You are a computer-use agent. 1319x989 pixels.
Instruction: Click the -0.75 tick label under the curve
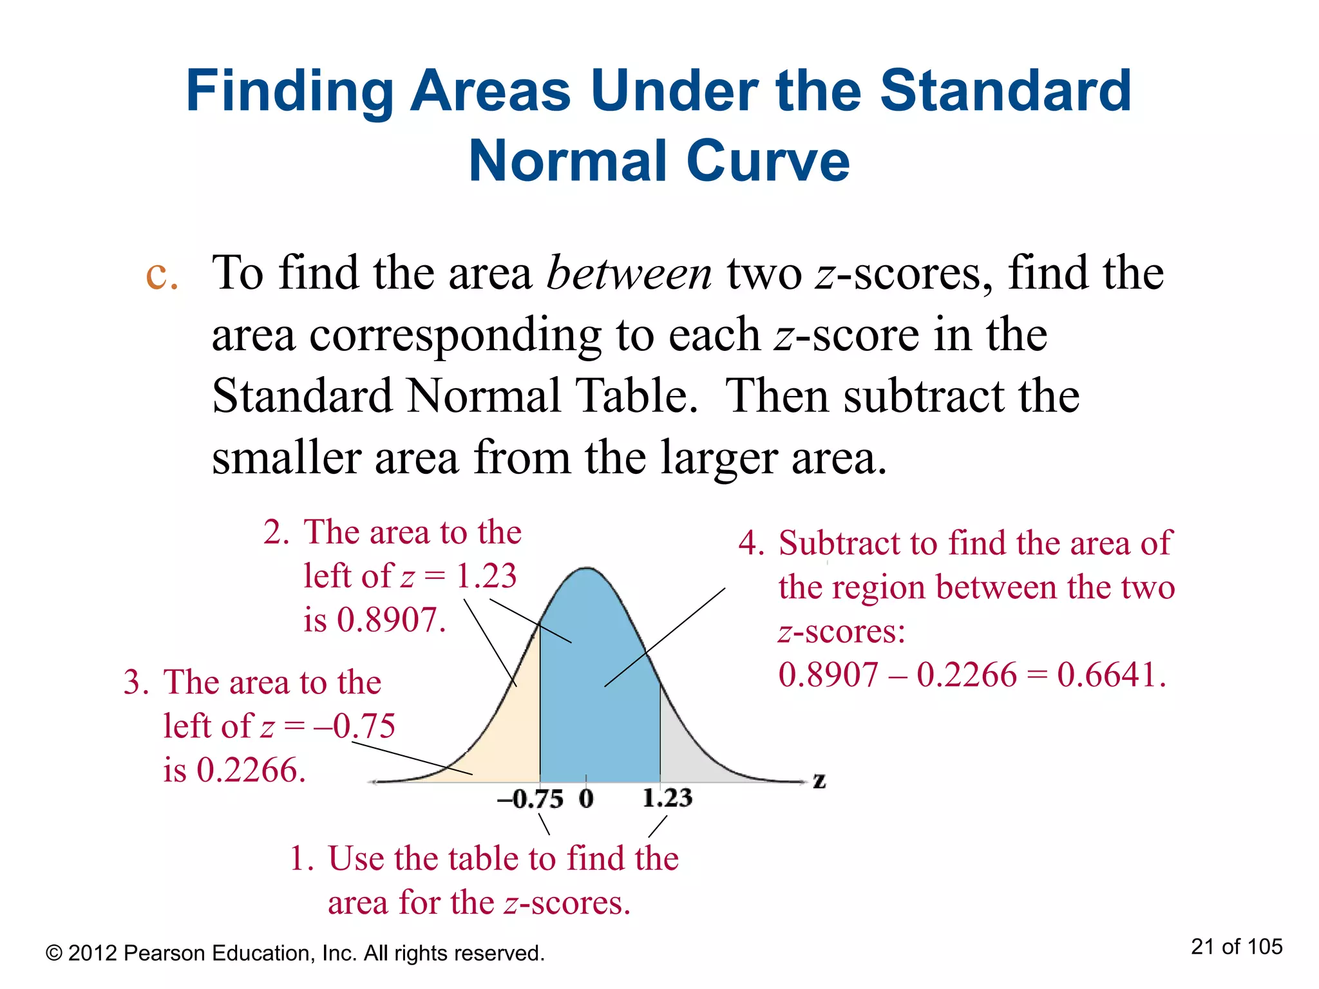(530, 799)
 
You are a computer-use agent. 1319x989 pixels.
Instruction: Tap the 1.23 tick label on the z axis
(667, 798)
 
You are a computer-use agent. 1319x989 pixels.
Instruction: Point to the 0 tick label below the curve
(585, 798)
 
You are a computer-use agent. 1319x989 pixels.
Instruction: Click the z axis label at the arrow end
(819, 781)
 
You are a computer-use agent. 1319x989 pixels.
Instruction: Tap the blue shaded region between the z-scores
(599, 708)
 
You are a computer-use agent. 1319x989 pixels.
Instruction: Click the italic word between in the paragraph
(629, 273)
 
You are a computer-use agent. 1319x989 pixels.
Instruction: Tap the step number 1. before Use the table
(301, 858)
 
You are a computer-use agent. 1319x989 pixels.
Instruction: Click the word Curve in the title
(768, 160)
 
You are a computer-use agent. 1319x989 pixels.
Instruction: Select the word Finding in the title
(289, 91)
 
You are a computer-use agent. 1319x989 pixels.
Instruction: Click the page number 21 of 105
(1237, 947)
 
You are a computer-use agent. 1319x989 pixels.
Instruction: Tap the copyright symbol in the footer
(53, 954)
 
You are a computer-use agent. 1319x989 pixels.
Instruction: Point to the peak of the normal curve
(586, 568)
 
